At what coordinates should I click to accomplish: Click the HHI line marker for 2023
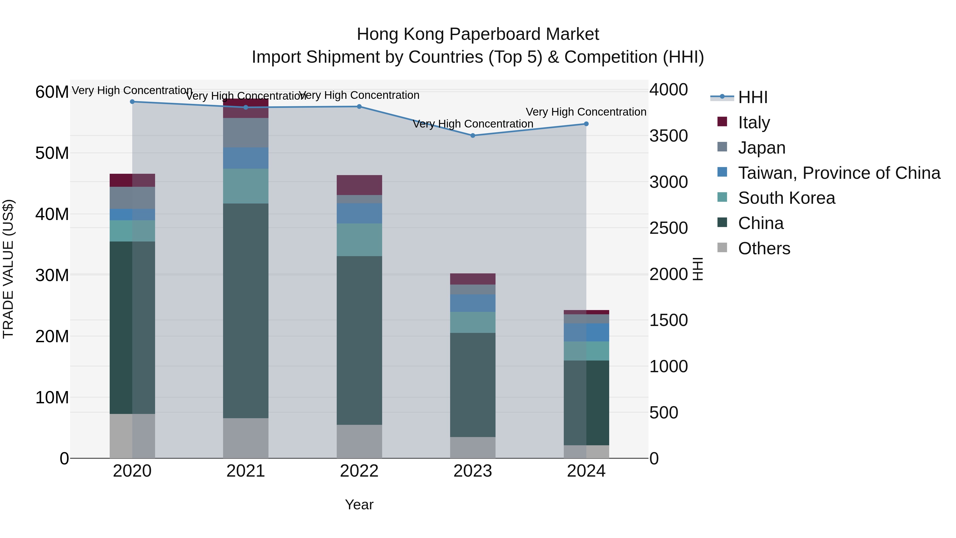click(472, 135)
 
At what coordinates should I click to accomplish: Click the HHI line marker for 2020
click(132, 102)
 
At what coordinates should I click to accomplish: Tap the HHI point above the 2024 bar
click(586, 124)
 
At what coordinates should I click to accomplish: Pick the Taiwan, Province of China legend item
click(839, 173)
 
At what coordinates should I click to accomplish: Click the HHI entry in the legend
click(752, 97)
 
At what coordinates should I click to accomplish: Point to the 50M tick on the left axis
click(52, 153)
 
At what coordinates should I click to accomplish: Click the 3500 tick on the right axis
click(668, 136)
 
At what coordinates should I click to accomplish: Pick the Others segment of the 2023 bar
click(472, 447)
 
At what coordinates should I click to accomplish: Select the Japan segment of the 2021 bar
click(245, 133)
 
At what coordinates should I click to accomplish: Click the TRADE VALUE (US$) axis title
click(8, 269)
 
